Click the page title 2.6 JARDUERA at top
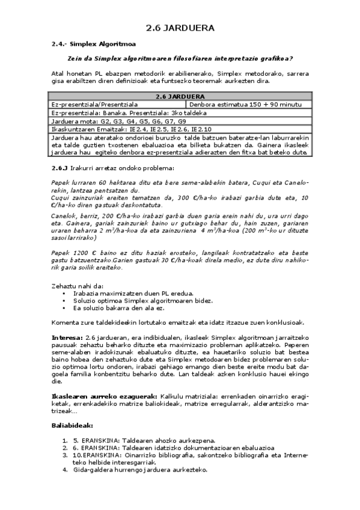tap(180, 28)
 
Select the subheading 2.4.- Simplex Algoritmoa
tap(93, 44)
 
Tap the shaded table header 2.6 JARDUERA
tap(180, 96)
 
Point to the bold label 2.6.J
tap(59, 168)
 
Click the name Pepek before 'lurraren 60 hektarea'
tap(61, 183)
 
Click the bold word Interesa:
tap(68, 337)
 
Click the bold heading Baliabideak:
tap(72, 425)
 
